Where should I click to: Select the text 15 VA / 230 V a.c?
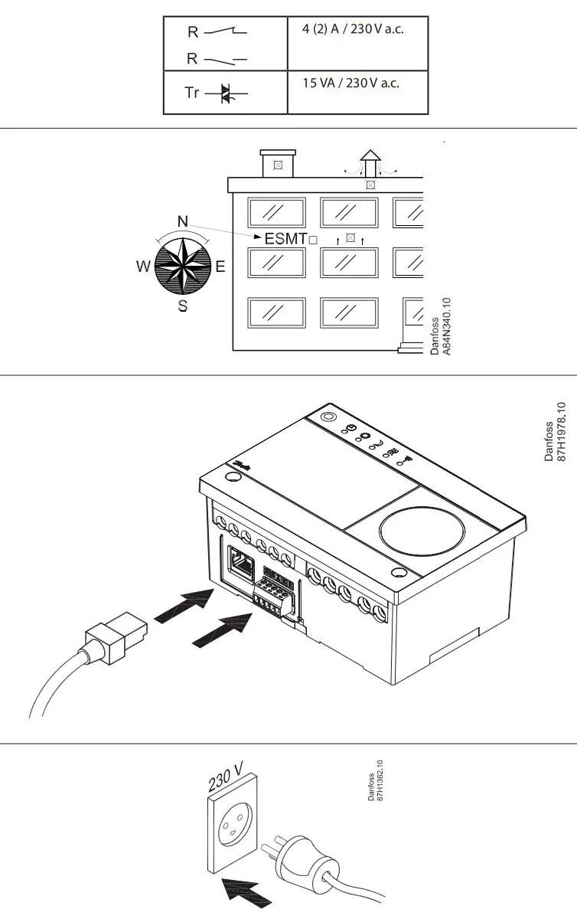point(350,83)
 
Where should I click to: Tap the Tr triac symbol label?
point(192,93)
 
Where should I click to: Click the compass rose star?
point(183,265)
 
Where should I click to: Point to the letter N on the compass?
point(183,222)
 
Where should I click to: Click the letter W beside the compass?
point(143,267)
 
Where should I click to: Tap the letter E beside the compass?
point(220,267)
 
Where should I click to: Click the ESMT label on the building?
point(285,238)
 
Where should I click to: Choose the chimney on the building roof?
point(277,163)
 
